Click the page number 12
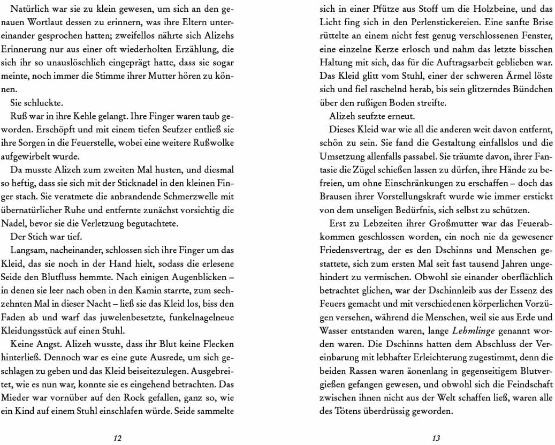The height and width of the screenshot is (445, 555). coord(118,438)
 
